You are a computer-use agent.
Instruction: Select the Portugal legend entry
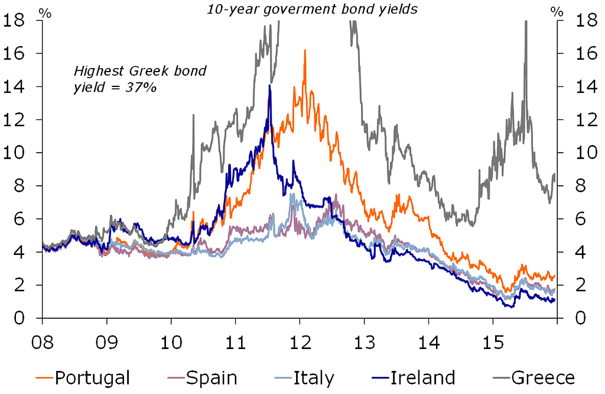[90, 377]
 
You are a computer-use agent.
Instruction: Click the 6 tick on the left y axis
[19, 219]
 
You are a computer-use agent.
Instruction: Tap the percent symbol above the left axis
[45, 11]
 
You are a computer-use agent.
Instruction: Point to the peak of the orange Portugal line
[304, 51]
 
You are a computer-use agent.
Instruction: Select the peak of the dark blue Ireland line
[269, 86]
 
